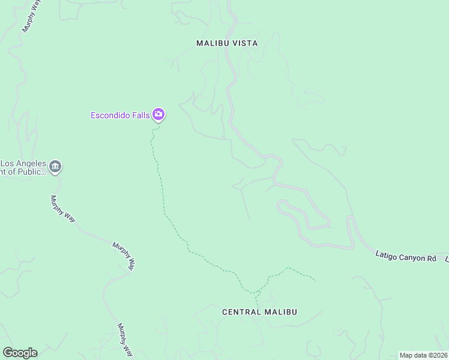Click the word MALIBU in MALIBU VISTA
(x=211, y=43)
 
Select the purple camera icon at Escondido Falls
(x=158, y=114)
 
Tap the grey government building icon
(x=55, y=167)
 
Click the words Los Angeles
(x=23, y=163)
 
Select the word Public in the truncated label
(x=32, y=172)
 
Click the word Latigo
(x=387, y=257)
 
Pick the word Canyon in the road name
(x=413, y=257)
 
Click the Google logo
(x=20, y=353)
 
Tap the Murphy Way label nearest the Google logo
(x=124, y=340)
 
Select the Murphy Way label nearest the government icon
(x=62, y=209)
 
